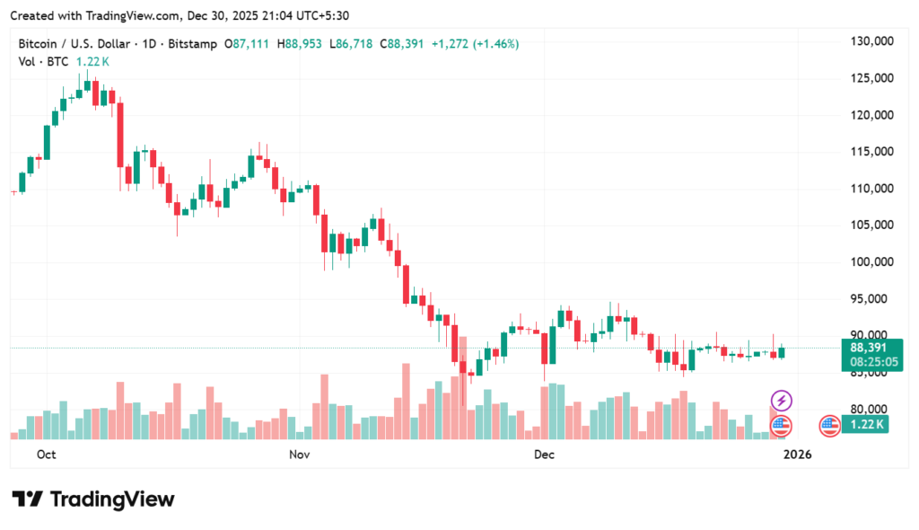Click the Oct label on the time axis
[x=47, y=455]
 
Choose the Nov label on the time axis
[x=300, y=455]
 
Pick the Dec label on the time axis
[x=543, y=455]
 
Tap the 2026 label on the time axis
[x=797, y=455]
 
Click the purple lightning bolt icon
[x=782, y=400]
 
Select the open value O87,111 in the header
[x=249, y=44]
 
